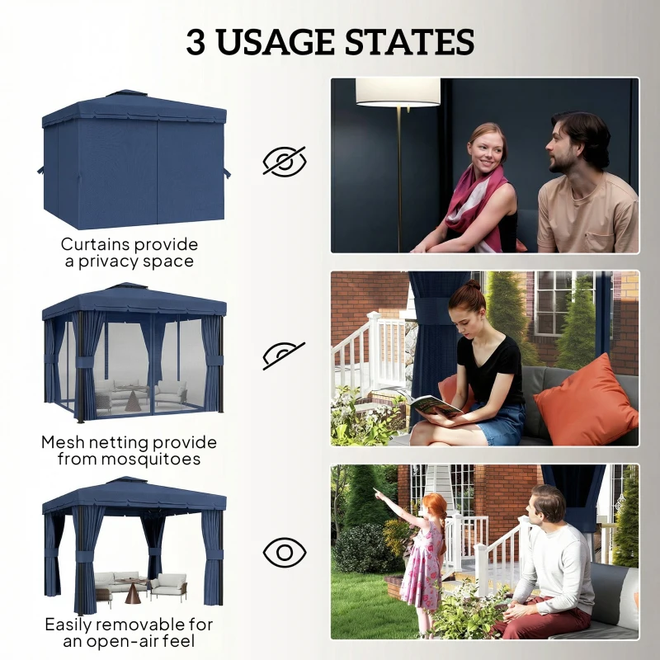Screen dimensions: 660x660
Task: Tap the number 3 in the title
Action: [196, 42]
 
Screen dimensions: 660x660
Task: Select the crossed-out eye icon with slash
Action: [284, 161]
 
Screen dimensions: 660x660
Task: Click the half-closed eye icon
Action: [284, 355]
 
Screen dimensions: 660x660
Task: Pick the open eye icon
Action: [284, 551]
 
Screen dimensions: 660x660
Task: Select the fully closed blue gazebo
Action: [133, 161]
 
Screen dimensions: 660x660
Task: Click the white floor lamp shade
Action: [398, 92]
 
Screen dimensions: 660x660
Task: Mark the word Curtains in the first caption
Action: [92, 244]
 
